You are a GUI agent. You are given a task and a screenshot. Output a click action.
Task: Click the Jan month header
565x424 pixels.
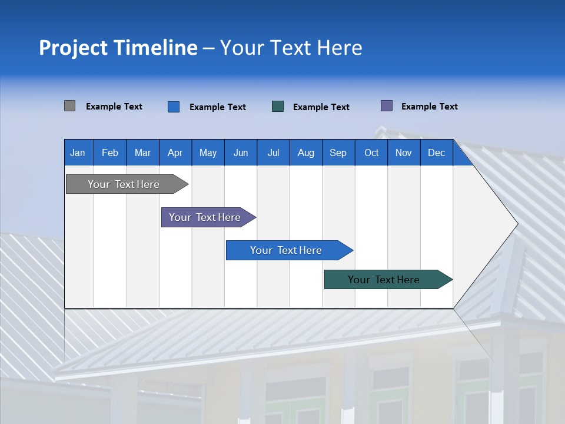78,153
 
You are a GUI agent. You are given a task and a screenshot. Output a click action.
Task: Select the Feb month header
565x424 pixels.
110,153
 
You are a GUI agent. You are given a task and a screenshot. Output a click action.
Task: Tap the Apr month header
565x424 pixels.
175,153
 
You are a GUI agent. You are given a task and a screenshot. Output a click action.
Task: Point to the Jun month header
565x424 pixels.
241,153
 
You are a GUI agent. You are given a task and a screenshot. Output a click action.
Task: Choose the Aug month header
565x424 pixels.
306,153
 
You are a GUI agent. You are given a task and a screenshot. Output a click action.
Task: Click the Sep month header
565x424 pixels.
338,153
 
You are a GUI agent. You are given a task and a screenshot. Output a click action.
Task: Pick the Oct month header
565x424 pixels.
371,153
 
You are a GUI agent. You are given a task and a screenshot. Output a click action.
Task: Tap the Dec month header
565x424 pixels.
437,153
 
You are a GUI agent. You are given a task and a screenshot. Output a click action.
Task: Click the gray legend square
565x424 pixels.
69,106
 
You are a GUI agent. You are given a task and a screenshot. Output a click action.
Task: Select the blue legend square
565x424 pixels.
174,107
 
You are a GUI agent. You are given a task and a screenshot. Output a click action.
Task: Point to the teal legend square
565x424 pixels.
278,107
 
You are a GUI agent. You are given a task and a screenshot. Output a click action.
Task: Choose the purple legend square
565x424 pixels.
387,106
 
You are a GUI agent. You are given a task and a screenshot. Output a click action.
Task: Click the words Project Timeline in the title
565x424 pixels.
118,48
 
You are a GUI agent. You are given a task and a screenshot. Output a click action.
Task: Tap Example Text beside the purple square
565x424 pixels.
430,107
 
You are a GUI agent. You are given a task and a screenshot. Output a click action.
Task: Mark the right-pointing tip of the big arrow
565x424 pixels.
516,223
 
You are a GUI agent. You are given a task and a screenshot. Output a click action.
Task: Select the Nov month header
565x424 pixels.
404,153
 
